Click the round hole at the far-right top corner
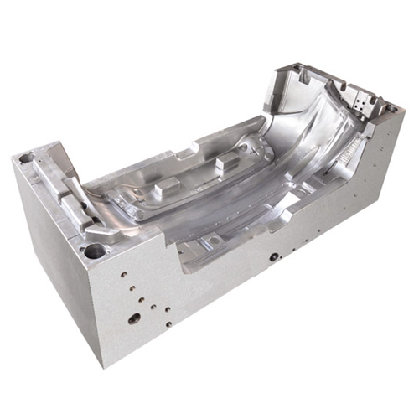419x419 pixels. click(390, 109)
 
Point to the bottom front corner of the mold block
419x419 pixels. click(104, 366)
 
